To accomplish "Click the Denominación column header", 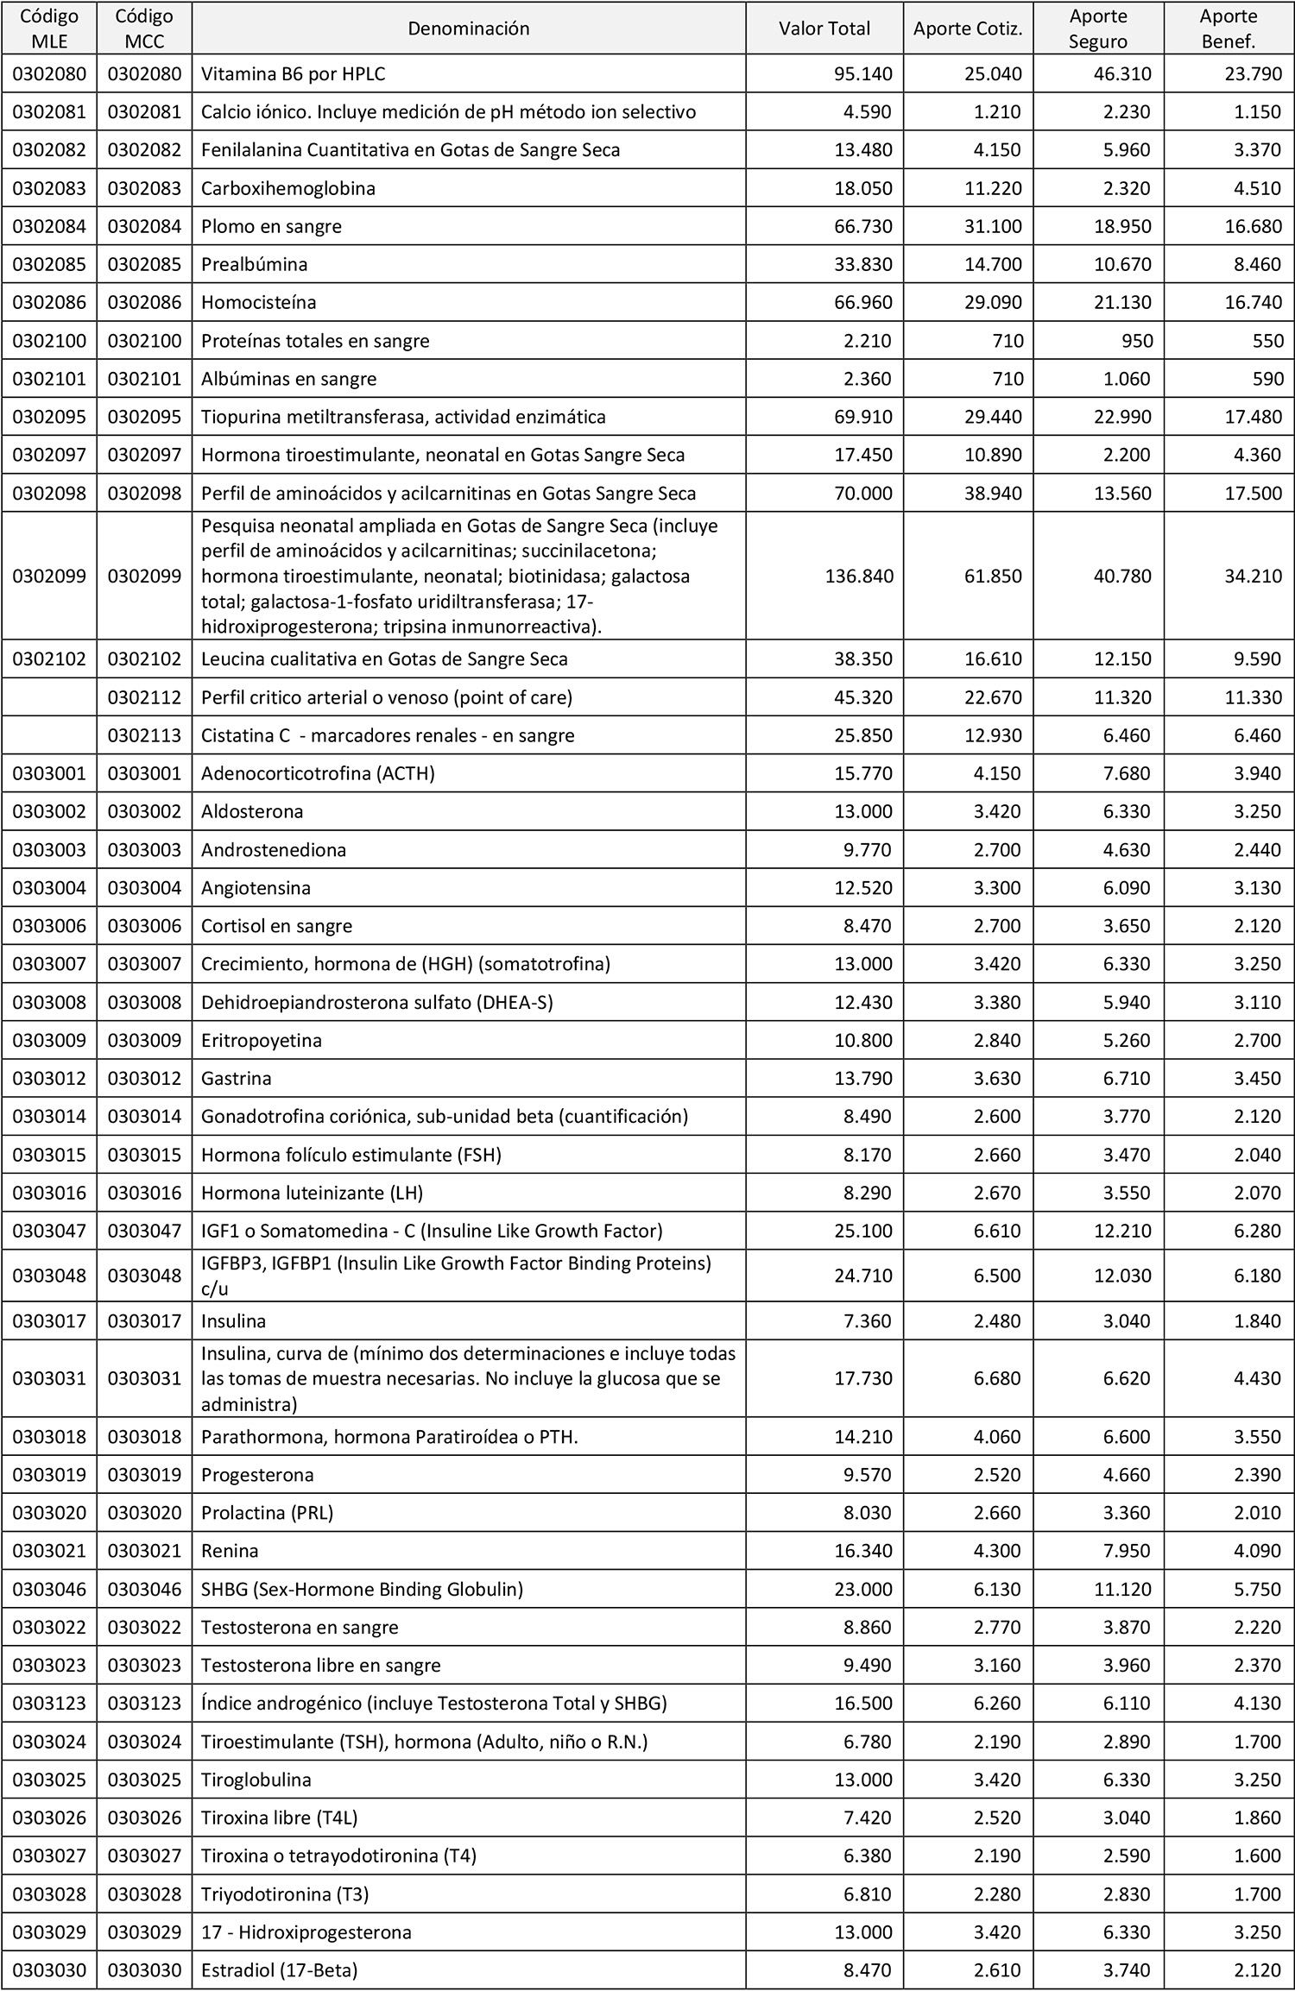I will [x=468, y=28].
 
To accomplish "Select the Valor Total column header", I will [x=824, y=28].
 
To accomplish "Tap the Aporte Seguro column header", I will [x=1098, y=28].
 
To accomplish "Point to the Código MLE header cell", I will [x=49, y=28].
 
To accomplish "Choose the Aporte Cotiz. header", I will [x=968, y=28].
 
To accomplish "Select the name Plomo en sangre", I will [x=271, y=226].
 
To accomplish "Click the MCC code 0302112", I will [x=144, y=697].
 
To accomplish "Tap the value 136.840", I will [x=859, y=576].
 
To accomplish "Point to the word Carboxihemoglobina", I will [x=288, y=188].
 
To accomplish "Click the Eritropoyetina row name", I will [x=262, y=1040].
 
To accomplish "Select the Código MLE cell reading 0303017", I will [x=49, y=1321].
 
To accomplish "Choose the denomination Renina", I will [x=230, y=1550].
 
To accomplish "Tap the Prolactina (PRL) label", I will [x=267, y=1512].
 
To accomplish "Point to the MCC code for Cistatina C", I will [x=144, y=735].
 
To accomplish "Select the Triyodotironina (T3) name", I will [x=285, y=1894].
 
